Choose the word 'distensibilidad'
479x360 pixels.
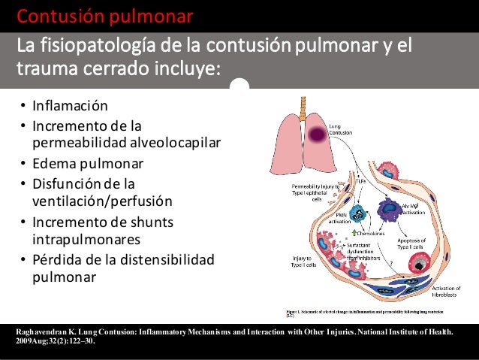pos(165,260)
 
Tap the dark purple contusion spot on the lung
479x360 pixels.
pos(317,134)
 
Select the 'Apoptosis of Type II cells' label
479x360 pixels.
pos(417,242)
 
